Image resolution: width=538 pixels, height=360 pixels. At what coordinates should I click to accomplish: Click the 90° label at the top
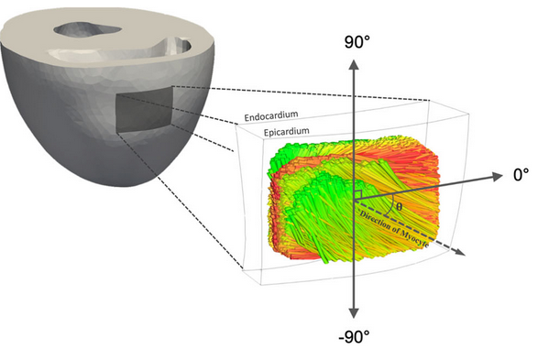coord(357,42)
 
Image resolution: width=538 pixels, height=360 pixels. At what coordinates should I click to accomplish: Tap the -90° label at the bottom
coord(354,337)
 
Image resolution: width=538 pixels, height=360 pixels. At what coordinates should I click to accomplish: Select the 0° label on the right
coord(521,175)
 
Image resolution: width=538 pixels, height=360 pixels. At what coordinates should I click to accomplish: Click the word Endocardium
coord(271,116)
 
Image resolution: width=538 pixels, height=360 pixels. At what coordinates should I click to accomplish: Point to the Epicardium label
coord(287,132)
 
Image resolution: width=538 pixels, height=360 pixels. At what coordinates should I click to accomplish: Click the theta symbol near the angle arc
coord(399,207)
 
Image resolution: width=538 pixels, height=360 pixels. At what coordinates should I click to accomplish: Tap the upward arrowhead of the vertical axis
coord(354,64)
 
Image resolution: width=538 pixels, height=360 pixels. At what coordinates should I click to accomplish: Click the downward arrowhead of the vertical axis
coord(354,312)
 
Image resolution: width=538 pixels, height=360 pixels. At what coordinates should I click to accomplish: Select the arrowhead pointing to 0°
coord(497,177)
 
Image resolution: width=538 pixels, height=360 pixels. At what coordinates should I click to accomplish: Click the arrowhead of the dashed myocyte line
coord(460,251)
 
